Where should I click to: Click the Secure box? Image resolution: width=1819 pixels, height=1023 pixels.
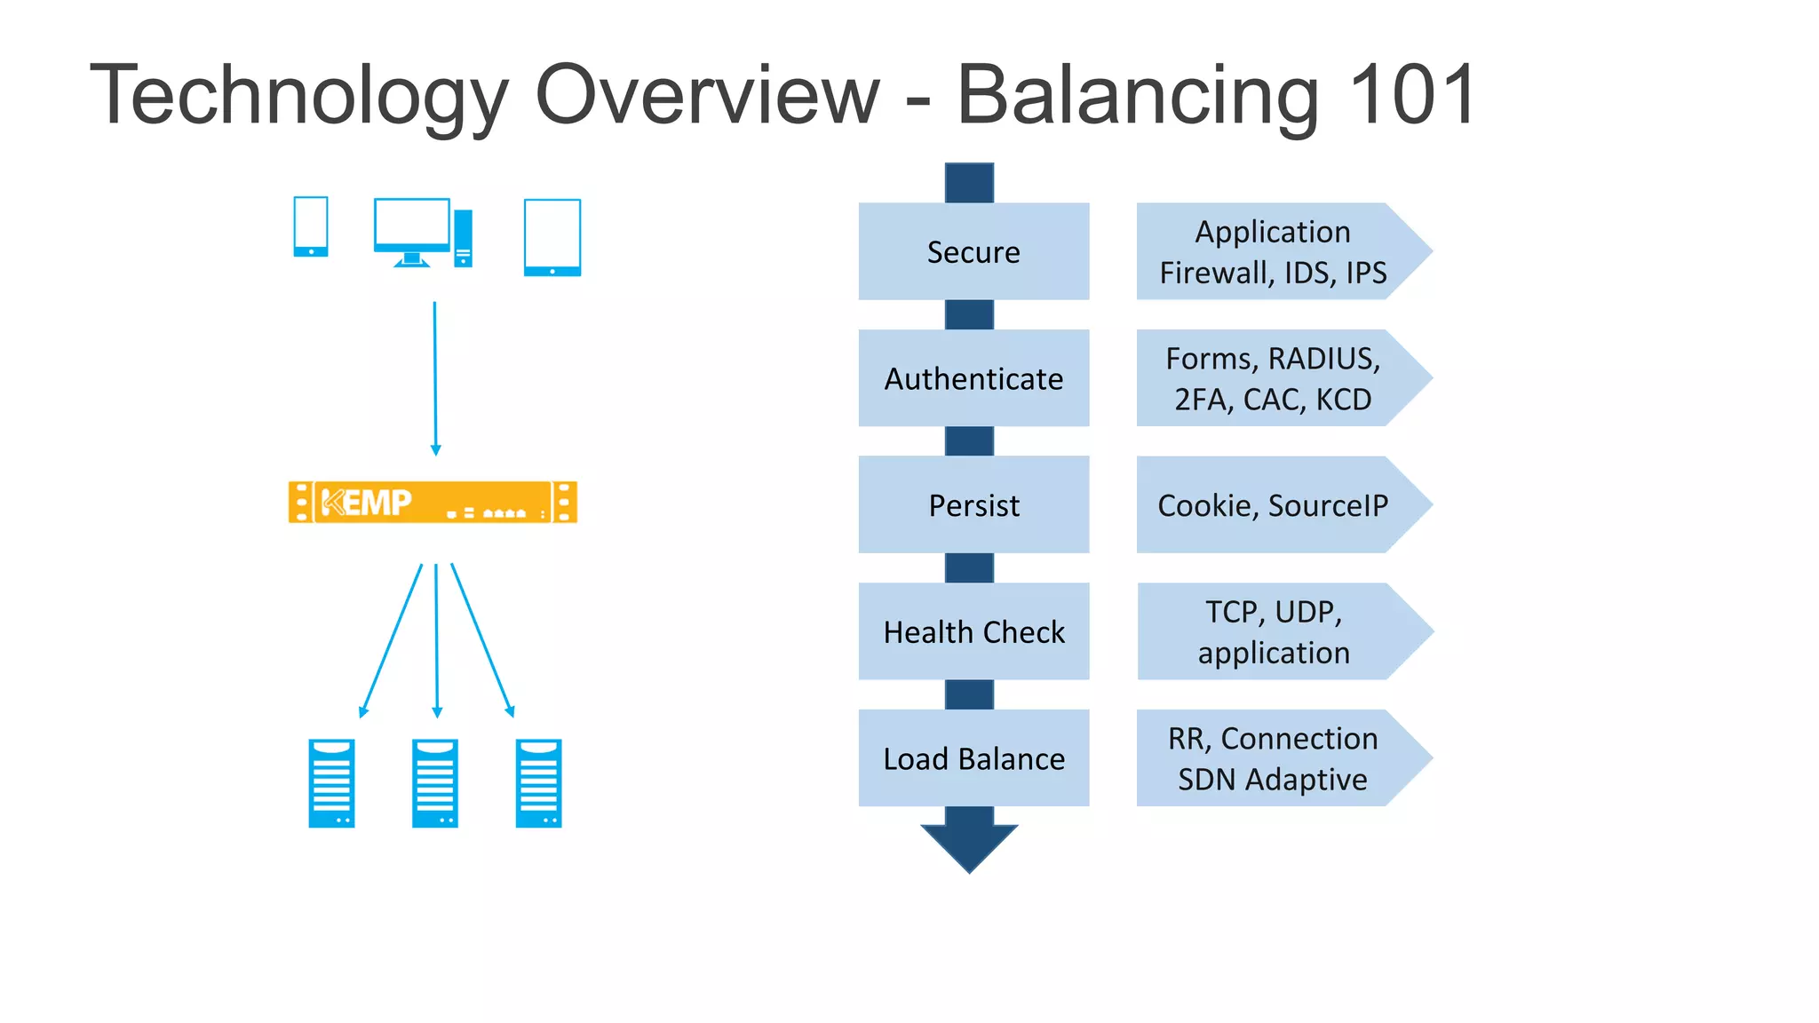[x=973, y=251]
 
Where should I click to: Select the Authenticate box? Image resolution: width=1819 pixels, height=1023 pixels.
[x=973, y=378]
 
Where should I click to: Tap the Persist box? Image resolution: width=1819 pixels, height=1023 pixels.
[x=973, y=505]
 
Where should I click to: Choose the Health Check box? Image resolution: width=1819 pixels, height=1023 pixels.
[x=973, y=631]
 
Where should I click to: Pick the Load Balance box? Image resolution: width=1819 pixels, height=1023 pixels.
[x=973, y=758]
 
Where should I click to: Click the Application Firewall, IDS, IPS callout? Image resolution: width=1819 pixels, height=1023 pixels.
[x=1272, y=251]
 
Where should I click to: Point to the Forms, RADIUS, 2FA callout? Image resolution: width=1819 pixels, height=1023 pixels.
[x=1272, y=378]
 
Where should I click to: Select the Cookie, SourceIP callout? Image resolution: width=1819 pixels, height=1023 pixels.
[x=1272, y=505]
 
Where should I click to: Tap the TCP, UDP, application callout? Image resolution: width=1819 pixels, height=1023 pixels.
[x=1272, y=631]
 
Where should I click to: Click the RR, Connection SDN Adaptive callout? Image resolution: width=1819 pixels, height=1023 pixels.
[x=1272, y=758]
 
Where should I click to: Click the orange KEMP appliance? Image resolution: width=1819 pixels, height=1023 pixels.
[x=433, y=503]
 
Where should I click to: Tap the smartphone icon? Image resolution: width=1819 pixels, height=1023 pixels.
[x=311, y=226]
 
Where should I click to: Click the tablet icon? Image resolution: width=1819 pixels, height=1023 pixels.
[x=552, y=237]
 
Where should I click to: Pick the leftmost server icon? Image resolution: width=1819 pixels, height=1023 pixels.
[x=331, y=783]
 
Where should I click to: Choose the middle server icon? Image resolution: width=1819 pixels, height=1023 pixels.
[x=435, y=783]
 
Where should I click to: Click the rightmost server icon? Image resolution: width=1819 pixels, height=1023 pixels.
[x=538, y=783]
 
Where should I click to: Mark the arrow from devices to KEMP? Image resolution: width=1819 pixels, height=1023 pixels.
[x=435, y=377]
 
